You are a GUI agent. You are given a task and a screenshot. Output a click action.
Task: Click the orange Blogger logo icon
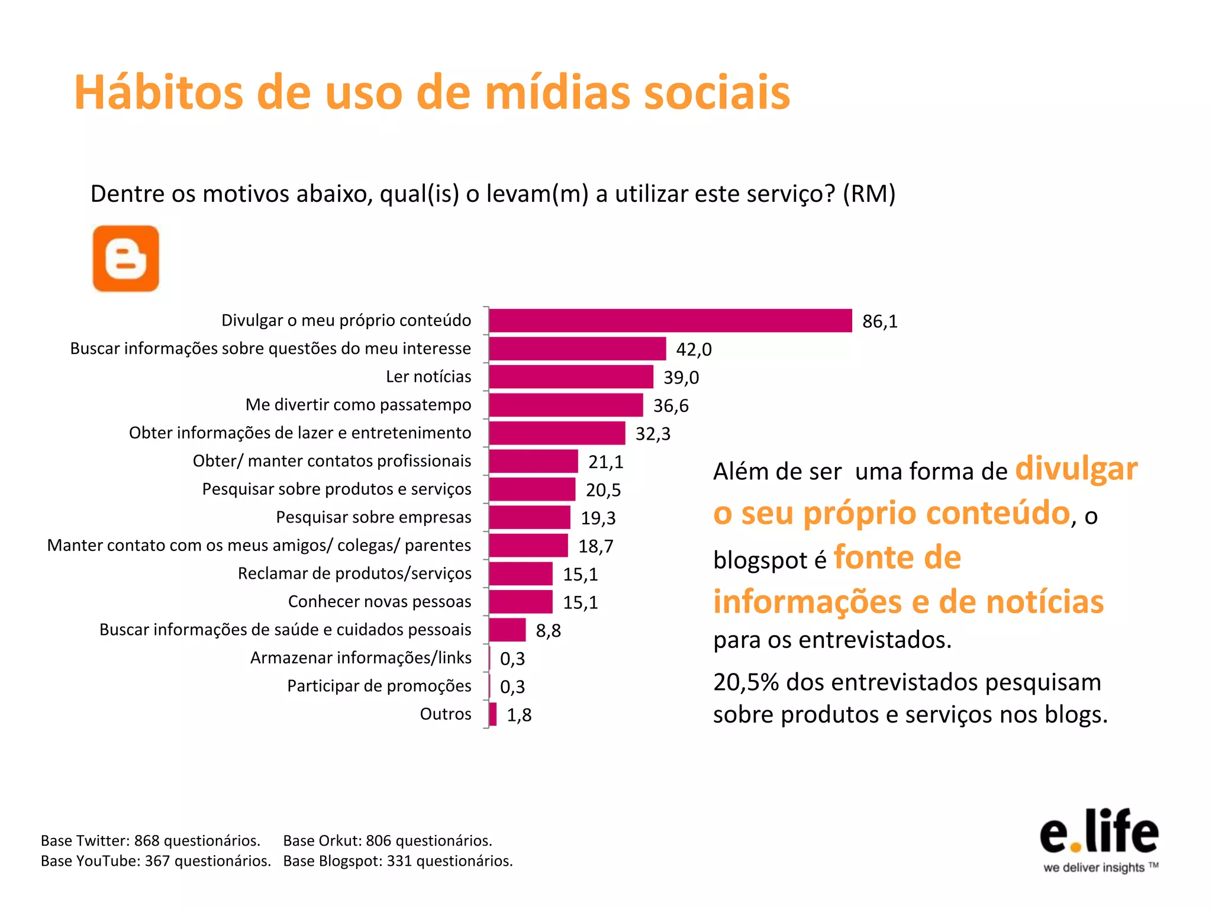[126, 259]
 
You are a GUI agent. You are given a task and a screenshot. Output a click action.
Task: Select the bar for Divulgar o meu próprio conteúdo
[670, 321]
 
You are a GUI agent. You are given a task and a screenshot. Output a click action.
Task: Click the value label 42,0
[694, 349]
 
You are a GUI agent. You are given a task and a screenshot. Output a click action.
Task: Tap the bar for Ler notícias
[571, 377]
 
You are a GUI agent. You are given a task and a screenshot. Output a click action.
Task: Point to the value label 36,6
[671, 405]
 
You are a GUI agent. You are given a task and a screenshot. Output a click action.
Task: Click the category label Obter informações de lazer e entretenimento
[300, 433]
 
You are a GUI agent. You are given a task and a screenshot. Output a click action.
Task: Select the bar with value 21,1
[533, 461]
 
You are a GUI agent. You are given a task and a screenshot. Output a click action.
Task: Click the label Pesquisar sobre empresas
[373, 517]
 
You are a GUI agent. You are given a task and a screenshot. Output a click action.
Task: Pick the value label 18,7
[595, 546]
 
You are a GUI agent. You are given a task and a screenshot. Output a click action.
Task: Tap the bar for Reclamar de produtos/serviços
[521, 573]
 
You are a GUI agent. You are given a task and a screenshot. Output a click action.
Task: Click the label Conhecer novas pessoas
[379, 601]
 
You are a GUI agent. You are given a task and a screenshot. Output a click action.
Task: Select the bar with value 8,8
[507, 630]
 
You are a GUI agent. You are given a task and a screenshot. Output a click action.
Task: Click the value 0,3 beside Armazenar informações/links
[512, 659]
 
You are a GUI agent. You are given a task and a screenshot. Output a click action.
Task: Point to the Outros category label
[445, 714]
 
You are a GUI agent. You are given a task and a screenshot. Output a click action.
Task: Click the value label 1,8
[519, 715]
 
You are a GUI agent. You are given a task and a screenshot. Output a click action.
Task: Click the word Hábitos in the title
[158, 93]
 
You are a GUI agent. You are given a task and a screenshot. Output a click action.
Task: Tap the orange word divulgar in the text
[1076, 469]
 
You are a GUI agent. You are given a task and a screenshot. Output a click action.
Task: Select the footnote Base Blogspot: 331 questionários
[398, 860]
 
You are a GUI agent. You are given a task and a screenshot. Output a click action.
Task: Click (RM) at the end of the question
[869, 194]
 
